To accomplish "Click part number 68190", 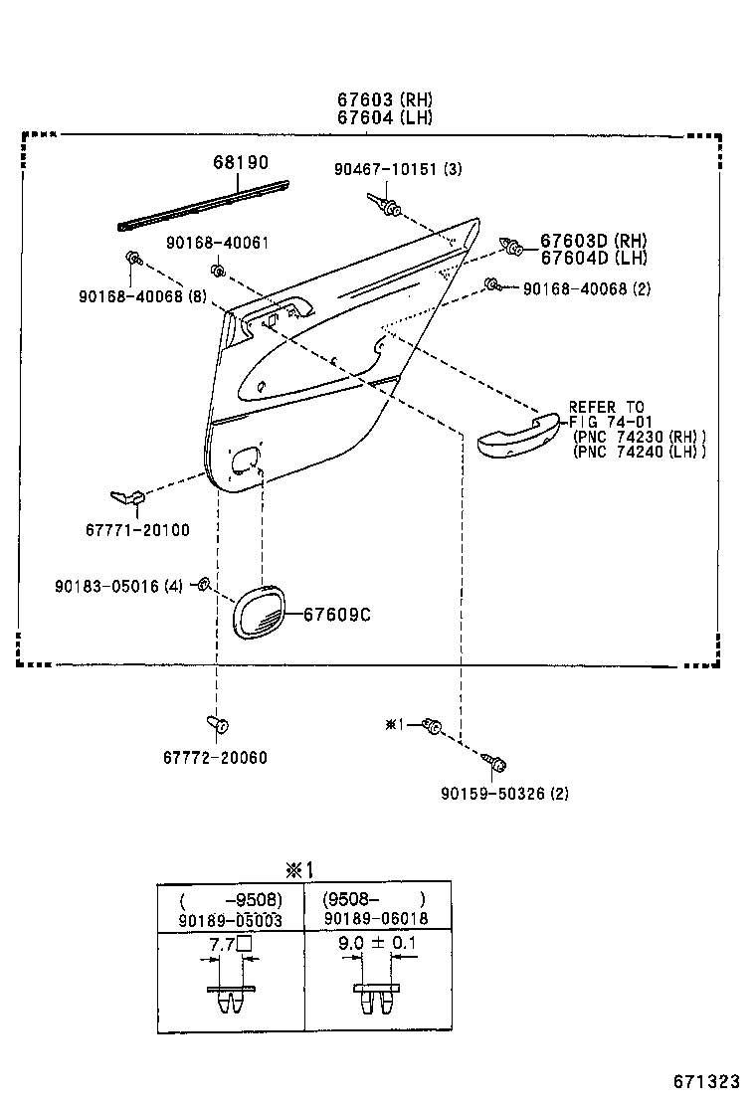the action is (241, 162).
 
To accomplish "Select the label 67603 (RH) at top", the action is (384, 99).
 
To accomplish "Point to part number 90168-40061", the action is (217, 243).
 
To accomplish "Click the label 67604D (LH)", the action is (594, 258).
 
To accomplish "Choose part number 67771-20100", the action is (137, 530).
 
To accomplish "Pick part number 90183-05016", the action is (106, 586).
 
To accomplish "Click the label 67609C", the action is (337, 615).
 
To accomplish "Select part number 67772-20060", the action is (215, 758).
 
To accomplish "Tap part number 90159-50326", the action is (493, 794).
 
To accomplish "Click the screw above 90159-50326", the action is (494, 763).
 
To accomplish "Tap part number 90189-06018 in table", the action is (376, 918).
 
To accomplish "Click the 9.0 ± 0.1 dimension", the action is (377, 943).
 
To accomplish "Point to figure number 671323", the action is (706, 1082).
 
